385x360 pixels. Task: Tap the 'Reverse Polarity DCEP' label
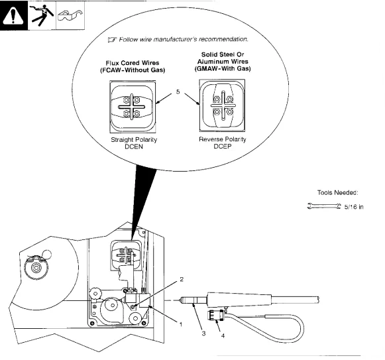(221, 144)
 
